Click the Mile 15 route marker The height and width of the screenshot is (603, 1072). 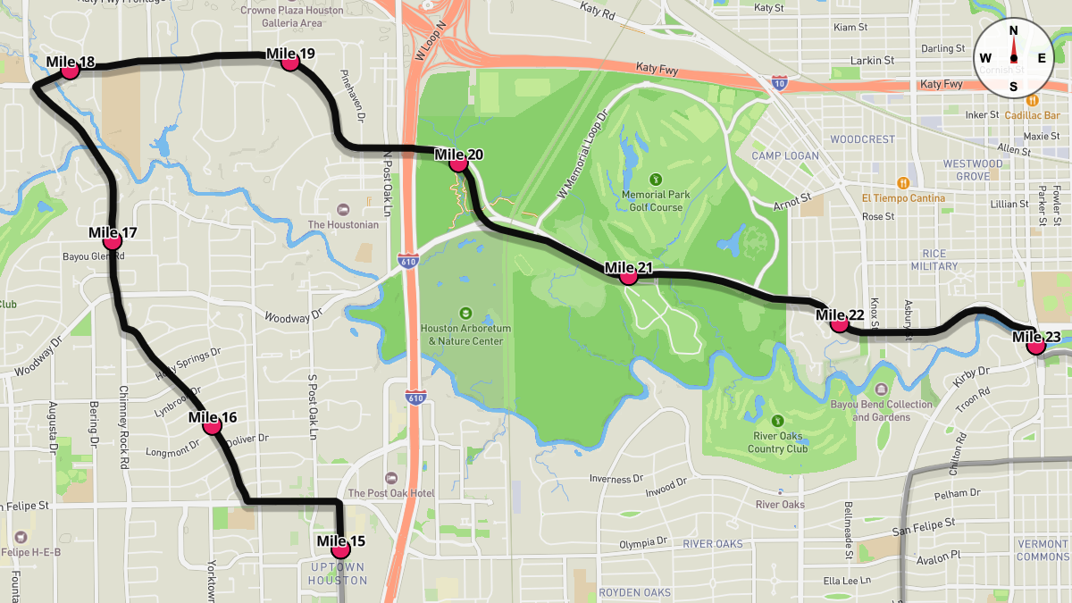coord(340,549)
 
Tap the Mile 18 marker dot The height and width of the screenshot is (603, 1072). coord(70,71)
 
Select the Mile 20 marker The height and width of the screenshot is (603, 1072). coord(458,163)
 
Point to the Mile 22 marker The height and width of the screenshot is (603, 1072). coord(839,323)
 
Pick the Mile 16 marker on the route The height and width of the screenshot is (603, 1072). coord(212,426)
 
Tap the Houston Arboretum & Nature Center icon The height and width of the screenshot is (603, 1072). coord(465,314)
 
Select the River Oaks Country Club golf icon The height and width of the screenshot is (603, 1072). coord(777,421)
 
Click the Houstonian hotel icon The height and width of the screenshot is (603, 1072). coord(343,209)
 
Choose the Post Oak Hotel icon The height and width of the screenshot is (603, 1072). coord(390,478)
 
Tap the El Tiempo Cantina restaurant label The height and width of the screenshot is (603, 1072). coord(903,198)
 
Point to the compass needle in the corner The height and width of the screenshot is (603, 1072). coord(1013,58)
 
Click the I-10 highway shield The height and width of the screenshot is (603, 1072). coord(779,83)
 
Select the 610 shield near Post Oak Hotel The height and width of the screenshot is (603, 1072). coord(415,396)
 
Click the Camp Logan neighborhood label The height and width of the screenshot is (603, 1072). coord(784,155)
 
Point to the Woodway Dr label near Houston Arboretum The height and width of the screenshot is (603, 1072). coord(293,316)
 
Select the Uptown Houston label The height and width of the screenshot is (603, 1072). coord(338,574)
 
